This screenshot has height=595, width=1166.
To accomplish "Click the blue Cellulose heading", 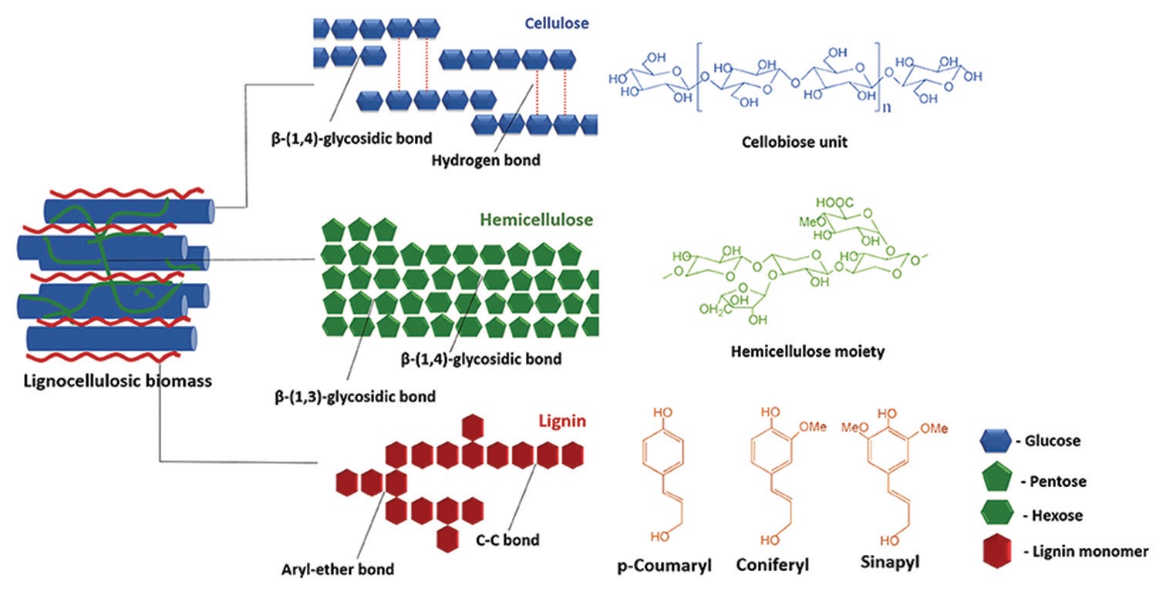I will coord(557,23).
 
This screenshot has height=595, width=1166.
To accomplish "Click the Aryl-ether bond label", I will coord(338,570).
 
